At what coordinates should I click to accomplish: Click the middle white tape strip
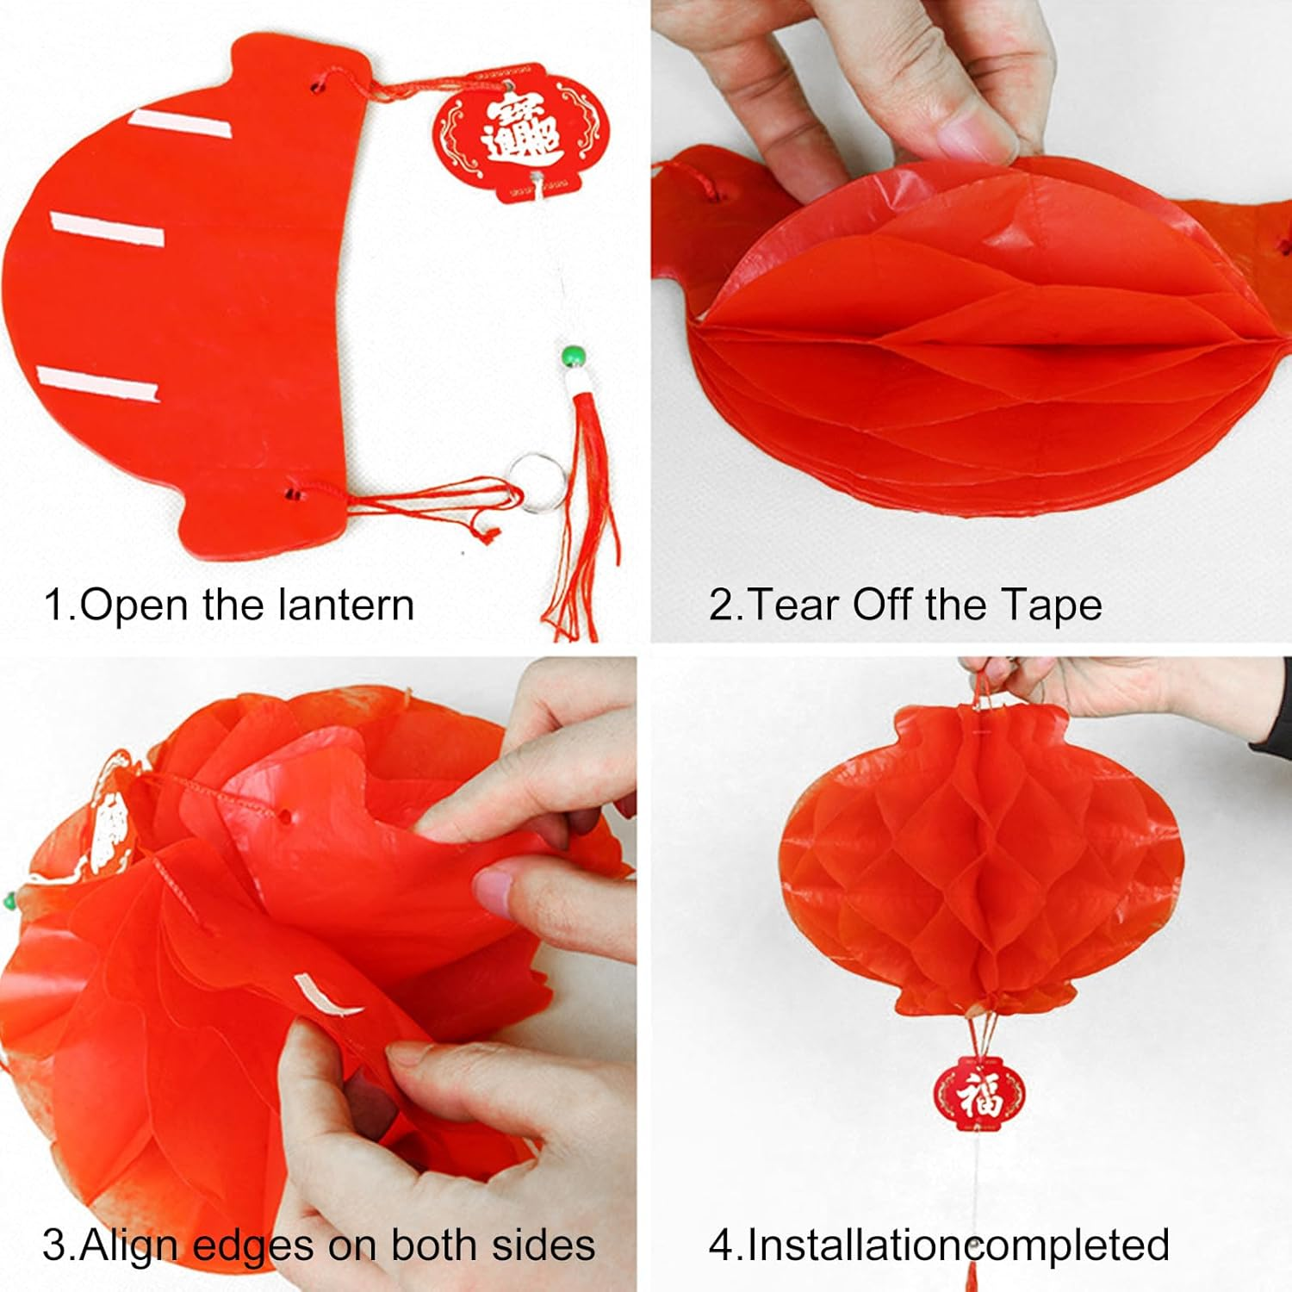[x=107, y=230]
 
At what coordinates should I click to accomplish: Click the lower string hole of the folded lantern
[x=294, y=494]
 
